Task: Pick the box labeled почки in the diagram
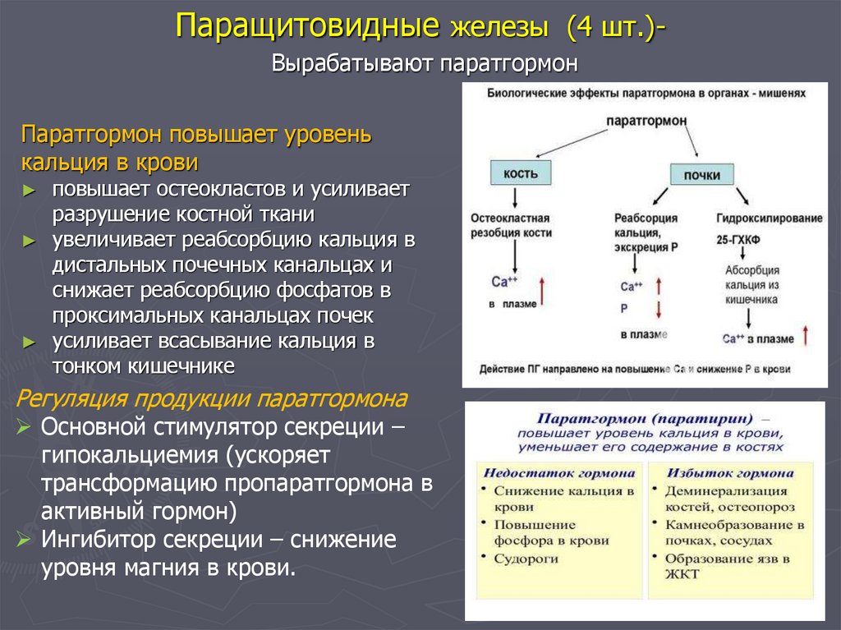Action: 701,175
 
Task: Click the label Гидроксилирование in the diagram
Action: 769,218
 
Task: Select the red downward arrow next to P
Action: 658,310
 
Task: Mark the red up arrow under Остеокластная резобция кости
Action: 540,292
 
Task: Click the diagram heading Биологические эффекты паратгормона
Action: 646,94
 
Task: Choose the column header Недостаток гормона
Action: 558,473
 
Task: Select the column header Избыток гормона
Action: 729,473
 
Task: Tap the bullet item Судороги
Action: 526,558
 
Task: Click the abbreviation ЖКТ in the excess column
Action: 682,574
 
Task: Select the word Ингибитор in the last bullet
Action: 96,540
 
